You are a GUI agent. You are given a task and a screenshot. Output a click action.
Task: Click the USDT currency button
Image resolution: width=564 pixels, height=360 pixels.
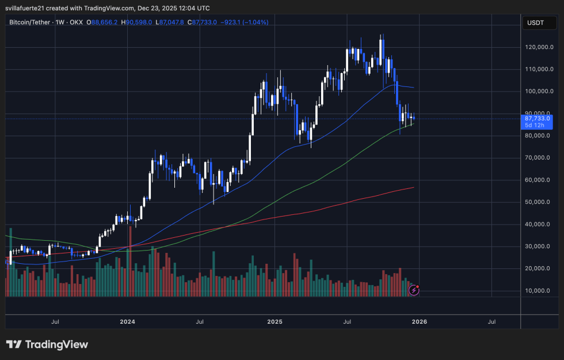tap(536, 22)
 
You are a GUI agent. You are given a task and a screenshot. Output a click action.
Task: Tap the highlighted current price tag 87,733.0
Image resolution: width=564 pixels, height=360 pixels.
tap(538, 118)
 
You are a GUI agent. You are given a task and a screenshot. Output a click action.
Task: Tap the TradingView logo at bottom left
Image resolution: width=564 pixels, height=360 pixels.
tap(47, 344)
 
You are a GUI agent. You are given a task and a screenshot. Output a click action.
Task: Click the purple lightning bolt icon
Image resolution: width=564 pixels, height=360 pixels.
tap(413, 290)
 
